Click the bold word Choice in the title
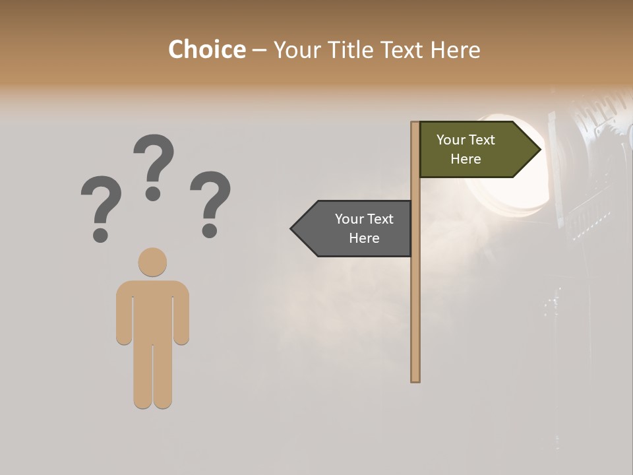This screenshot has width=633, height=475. [x=206, y=49]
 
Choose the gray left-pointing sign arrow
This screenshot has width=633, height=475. [x=356, y=228]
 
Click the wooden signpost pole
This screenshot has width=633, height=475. [x=415, y=297]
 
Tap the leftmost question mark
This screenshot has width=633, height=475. [x=101, y=205]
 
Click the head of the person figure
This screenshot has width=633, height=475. [x=152, y=262]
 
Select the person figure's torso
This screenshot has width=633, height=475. [x=152, y=310]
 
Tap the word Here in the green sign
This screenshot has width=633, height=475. [x=466, y=159]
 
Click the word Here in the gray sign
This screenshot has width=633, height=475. [x=364, y=238]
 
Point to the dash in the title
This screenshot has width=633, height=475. [x=259, y=49]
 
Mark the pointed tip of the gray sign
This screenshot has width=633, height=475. [x=292, y=228]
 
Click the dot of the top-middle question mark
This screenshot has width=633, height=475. [x=153, y=193]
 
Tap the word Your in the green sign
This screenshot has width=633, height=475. [x=450, y=140]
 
